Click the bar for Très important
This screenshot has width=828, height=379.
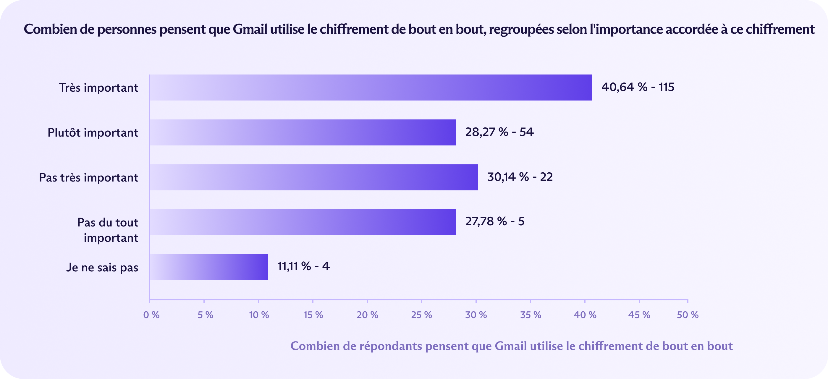coord(370,88)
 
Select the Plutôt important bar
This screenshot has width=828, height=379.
coord(303,132)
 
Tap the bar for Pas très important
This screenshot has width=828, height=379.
coord(313,177)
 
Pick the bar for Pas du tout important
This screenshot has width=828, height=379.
coord(303,222)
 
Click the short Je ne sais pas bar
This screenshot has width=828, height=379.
coord(208,267)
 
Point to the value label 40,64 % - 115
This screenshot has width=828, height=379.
coord(638,87)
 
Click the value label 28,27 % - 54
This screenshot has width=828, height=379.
coord(499,132)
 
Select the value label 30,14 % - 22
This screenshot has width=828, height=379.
coord(520,177)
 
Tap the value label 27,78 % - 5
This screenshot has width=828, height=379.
coord(495,221)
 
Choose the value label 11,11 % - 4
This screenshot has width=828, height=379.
coord(303,266)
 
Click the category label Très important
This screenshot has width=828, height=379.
coord(98,88)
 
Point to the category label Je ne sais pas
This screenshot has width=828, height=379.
coord(102,268)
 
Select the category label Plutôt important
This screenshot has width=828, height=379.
coord(93,133)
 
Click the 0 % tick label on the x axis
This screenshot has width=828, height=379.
coord(151,315)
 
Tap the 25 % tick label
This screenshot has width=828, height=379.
coord(421,315)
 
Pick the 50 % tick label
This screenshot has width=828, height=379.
coord(688,315)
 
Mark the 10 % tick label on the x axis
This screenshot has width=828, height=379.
coord(259,315)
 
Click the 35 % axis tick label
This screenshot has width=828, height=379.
coord(530,315)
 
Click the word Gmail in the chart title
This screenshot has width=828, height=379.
coord(250,30)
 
